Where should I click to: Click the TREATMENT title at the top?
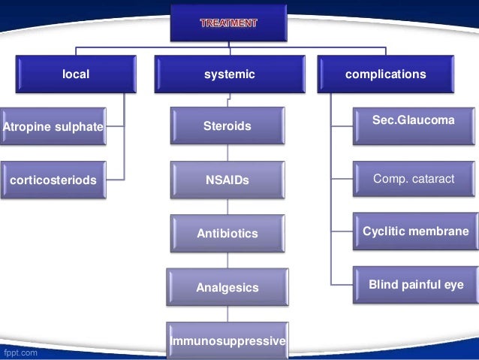click(229, 23)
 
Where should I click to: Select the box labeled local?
click(75, 74)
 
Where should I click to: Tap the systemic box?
click(230, 74)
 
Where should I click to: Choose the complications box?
click(385, 74)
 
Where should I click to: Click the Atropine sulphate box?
click(53, 127)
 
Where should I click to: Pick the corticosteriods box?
click(53, 180)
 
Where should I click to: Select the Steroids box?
click(227, 126)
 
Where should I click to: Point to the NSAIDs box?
click(227, 180)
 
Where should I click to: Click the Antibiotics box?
click(227, 234)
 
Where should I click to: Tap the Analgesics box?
click(227, 287)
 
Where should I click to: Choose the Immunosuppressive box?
click(227, 341)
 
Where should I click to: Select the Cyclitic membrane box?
click(415, 231)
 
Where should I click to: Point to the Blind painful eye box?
click(415, 285)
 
